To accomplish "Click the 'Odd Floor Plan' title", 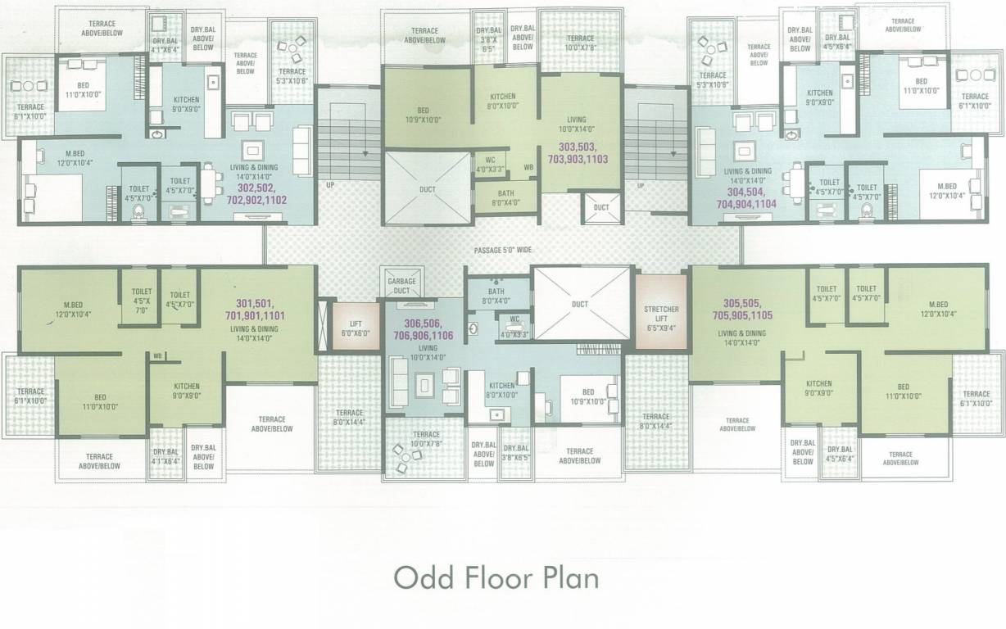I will tap(496, 577).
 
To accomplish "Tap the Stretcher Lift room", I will tap(661, 314).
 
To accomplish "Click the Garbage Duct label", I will tap(402, 285).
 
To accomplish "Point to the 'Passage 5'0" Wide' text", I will tap(503, 249).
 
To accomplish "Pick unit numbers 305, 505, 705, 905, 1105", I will tap(748, 307).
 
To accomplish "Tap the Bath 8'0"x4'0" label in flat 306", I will tap(496, 296).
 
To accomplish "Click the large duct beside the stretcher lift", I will tap(580, 304).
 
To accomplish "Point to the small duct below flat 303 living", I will tap(601, 207).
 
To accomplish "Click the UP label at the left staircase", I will tap(330, 186).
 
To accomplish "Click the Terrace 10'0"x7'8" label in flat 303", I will tap(580, 43).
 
